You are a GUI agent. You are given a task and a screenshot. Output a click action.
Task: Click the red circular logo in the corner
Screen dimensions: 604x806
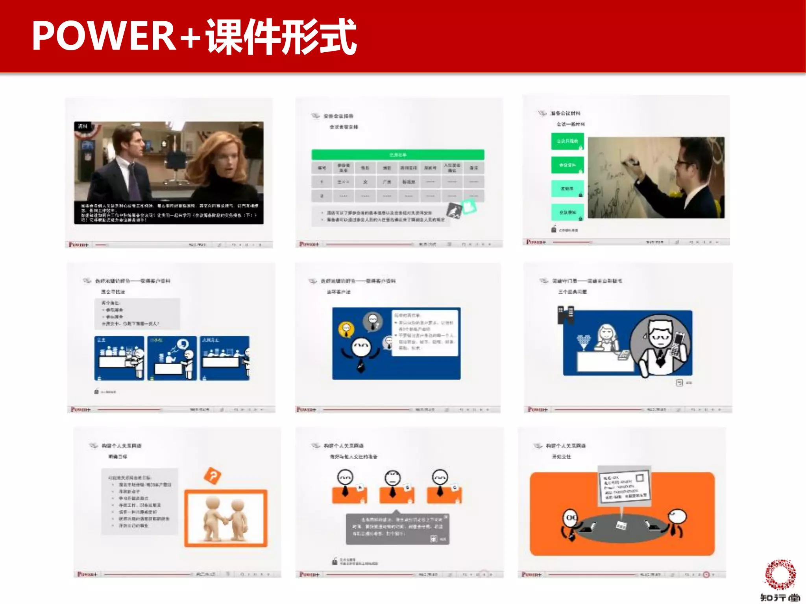coord(780,575)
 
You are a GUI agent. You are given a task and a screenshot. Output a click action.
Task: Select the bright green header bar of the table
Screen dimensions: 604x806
coord(397,155)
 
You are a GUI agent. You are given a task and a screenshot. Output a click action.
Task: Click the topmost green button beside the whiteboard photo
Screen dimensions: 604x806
coord(567,141)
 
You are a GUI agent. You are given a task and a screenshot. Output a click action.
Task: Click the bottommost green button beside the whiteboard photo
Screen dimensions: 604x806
coord(567,212)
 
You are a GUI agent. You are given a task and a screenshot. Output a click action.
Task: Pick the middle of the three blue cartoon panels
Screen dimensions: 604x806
coord(172,358)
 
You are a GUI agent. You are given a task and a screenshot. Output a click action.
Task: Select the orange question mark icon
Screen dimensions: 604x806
coord(213,476)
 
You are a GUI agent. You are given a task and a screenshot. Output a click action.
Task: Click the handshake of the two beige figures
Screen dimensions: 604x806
coord(226,521)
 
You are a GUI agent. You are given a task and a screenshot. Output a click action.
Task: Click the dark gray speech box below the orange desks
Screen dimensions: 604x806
coord(397,529)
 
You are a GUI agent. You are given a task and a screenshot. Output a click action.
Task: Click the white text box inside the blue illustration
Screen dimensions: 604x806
coord(425,332)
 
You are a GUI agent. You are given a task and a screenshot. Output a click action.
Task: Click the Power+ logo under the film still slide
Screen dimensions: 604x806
coord(79,245)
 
